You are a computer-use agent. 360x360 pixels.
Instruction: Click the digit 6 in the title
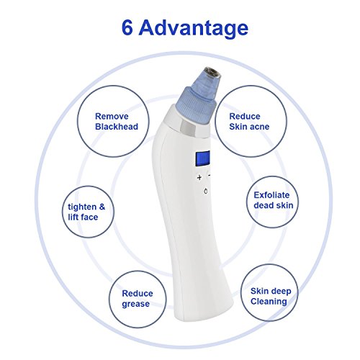[x=127, y=27]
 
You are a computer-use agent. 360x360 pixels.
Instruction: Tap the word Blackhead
[x=117, y=127]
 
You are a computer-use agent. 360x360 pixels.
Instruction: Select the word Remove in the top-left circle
[x=112, y=117]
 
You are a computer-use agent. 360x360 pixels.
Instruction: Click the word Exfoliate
[x=271, y=195]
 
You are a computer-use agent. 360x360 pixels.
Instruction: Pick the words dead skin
[x=274, y=205]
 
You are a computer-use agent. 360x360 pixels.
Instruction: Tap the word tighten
[x=82, y=207]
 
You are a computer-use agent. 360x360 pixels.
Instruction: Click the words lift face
[x=83, y=217]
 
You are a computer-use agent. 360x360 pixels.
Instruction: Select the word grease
[x=136, y=305]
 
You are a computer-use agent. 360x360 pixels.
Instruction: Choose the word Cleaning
[x=269, y=302]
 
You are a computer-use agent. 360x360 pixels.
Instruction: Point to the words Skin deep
[x=271, y=292]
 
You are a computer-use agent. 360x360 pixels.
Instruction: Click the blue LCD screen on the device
[x=203, y=159]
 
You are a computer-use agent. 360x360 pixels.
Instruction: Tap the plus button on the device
[x=199, y=178]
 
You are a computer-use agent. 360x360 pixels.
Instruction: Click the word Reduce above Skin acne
[x=245, y=117]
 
